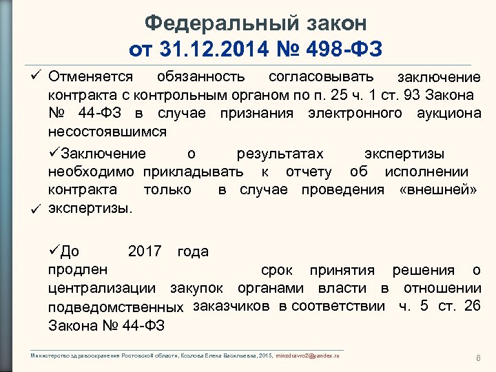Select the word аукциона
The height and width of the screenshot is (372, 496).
pyautogui.click(x=448, y=113)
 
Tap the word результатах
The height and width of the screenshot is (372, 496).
pyautogui.click(x=280, y=153)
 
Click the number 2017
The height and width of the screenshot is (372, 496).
pyautogui.click(x=145, y=251)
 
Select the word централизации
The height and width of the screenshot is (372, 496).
pyautogui.click(x=101, y=288)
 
